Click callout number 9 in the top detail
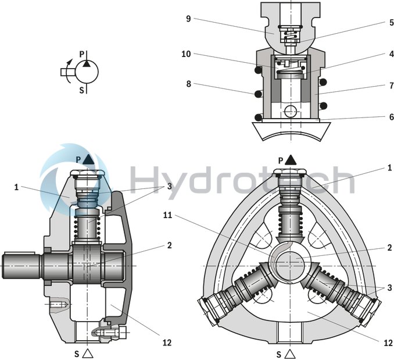(x=188, y=19)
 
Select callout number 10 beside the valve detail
(x=186, y=54)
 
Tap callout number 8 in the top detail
(x=189, y=84)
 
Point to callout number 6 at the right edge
(x=391, y=117)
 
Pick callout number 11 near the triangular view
(x=167, y=215)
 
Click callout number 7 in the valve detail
(x=391, y=85)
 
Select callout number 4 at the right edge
(x=391, y=54)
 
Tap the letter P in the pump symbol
(x=82, y=54)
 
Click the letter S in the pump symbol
(x=82, y=90)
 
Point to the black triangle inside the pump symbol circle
(x=87, y=64)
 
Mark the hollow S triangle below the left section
(x=88, y=354)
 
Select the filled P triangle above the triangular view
(x=291, y=160)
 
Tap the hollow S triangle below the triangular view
(x=290, y=354)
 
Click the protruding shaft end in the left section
(x=22, y=265)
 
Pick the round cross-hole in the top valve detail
(x=291, y=111)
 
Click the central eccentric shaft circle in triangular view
(x=290, y=264)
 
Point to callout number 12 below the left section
(x=167, y=343)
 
